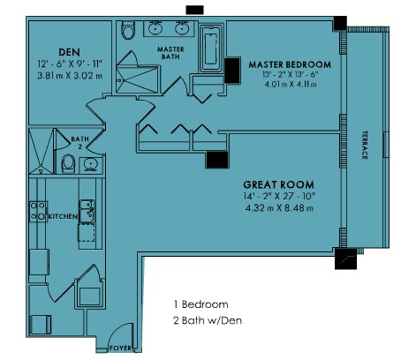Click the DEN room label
[70, 52]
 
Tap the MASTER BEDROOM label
[290, 64]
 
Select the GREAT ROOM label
[278, 184]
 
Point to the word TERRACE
[365, 145]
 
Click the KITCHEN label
[63, 216]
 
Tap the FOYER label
[120, 349]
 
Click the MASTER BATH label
[170, 53]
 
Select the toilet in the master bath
[128, 30]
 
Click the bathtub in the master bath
[211, 49]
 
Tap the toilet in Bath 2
[68, 163]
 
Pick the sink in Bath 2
[91, 165]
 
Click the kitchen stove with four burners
[38, 211]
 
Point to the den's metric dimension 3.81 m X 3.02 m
[70, 76]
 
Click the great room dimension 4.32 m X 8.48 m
[279, 208]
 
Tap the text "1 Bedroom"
[201, 304]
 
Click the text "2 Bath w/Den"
[208, 320]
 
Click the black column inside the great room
[217, 160]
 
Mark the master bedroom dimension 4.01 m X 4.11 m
[291, 85]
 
